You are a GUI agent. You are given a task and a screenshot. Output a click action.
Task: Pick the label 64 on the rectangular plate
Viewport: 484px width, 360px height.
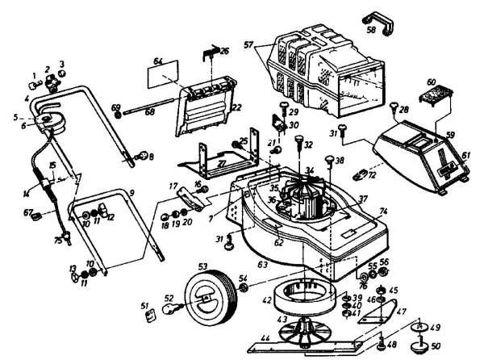159,62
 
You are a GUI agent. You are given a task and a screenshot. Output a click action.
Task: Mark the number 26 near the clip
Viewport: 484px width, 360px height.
224,51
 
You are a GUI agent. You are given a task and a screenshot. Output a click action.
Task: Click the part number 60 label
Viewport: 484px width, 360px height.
432,83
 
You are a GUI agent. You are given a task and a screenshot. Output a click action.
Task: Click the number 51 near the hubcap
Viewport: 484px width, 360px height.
145,304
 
